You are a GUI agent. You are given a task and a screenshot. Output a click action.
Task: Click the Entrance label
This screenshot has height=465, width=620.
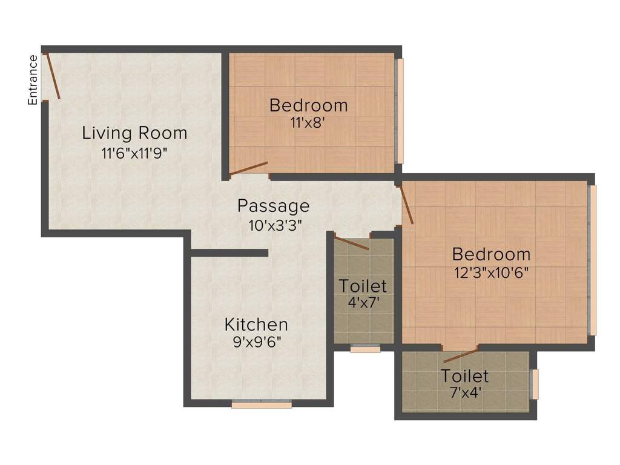coord(33,80)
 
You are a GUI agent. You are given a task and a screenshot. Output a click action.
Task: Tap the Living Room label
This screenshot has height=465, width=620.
coord(134,133)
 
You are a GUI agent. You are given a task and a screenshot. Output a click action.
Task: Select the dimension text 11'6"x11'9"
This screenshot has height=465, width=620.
coord(134,153)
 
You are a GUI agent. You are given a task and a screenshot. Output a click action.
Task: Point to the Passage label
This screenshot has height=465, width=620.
coord(273,206)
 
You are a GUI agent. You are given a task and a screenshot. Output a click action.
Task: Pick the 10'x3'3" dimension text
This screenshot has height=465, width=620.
coord(275,225)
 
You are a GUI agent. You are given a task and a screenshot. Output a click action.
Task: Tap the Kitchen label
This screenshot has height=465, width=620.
coord(256,324)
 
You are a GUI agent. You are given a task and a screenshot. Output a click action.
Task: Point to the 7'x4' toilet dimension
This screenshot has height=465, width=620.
coord(465,392)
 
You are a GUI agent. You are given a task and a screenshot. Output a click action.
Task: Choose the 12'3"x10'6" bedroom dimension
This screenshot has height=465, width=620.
coord(492,272)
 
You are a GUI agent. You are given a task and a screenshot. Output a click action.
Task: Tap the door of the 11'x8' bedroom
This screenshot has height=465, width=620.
coord(249,168)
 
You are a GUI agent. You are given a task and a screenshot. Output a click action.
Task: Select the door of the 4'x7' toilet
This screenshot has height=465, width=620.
coord(352,243)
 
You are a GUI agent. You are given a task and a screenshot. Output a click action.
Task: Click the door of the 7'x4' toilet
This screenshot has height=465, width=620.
coord(461,355)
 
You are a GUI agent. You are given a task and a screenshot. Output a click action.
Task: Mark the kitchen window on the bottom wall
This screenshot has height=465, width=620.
coord(262,404)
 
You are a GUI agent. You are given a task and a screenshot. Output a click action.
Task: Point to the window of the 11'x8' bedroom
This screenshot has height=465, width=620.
coord(400,111)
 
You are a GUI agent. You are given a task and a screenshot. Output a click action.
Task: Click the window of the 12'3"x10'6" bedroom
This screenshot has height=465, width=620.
coord(593,260)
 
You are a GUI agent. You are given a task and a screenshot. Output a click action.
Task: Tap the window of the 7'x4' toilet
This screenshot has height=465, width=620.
coord(535,384)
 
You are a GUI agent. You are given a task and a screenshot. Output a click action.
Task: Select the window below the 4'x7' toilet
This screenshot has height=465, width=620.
coord(365,349)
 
